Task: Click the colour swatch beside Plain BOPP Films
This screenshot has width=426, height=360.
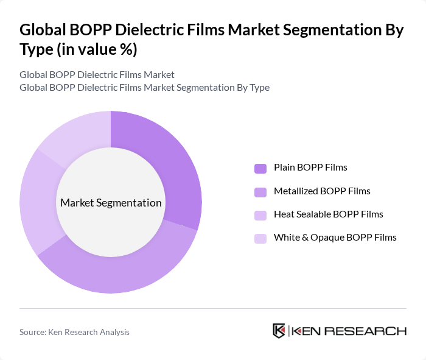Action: [x=260, y=168]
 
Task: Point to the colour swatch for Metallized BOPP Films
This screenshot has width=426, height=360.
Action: [x=260, y=192]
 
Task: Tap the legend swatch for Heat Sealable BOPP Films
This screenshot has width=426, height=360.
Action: [x=260, y=215]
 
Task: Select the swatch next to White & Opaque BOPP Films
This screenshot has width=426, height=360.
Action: [x=260, y=238]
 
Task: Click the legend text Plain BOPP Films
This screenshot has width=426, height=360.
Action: [x=310, y=168]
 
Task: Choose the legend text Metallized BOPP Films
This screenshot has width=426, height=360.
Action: [x=322, y=191]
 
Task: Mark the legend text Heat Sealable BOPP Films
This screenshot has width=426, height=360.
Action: [x=328, y=214]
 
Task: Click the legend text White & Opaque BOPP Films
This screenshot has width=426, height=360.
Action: [x=335, y=238]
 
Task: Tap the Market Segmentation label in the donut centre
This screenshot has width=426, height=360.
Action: [x=111, y=203]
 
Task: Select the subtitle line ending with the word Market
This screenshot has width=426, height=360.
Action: [x=97, y=75]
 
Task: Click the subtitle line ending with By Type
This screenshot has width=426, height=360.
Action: [x=144, y=88]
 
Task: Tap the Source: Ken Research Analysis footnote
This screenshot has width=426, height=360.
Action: [x=74, y=332]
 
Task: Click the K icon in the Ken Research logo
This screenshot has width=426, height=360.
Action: [x=279, y=331]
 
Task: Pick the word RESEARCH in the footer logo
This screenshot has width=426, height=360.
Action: [x=371, y=331]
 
